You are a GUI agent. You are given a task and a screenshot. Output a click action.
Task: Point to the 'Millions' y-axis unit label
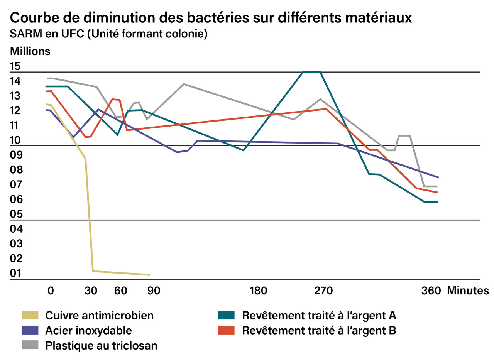(x=30, y=51)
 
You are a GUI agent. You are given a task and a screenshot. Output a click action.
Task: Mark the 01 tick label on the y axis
(x=15, y=274)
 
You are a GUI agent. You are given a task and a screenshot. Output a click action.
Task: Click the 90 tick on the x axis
(x=154, y=291)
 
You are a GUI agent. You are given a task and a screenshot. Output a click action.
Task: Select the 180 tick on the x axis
(x=258, y=291)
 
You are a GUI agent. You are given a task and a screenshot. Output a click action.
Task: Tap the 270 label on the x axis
(x=323, y=291)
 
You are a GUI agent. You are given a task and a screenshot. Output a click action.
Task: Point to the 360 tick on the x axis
(x=431, y=291)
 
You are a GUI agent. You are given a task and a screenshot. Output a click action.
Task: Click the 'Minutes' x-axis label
(x=467, y=291)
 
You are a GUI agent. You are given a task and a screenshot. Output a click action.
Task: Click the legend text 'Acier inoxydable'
(x=88, y=330)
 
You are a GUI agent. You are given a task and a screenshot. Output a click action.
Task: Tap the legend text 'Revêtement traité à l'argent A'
(x=319, y=316)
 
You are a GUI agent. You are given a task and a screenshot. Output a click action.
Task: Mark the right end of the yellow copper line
(x=149, y=275)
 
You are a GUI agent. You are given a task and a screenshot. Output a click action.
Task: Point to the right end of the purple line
(x=438, y=177)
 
